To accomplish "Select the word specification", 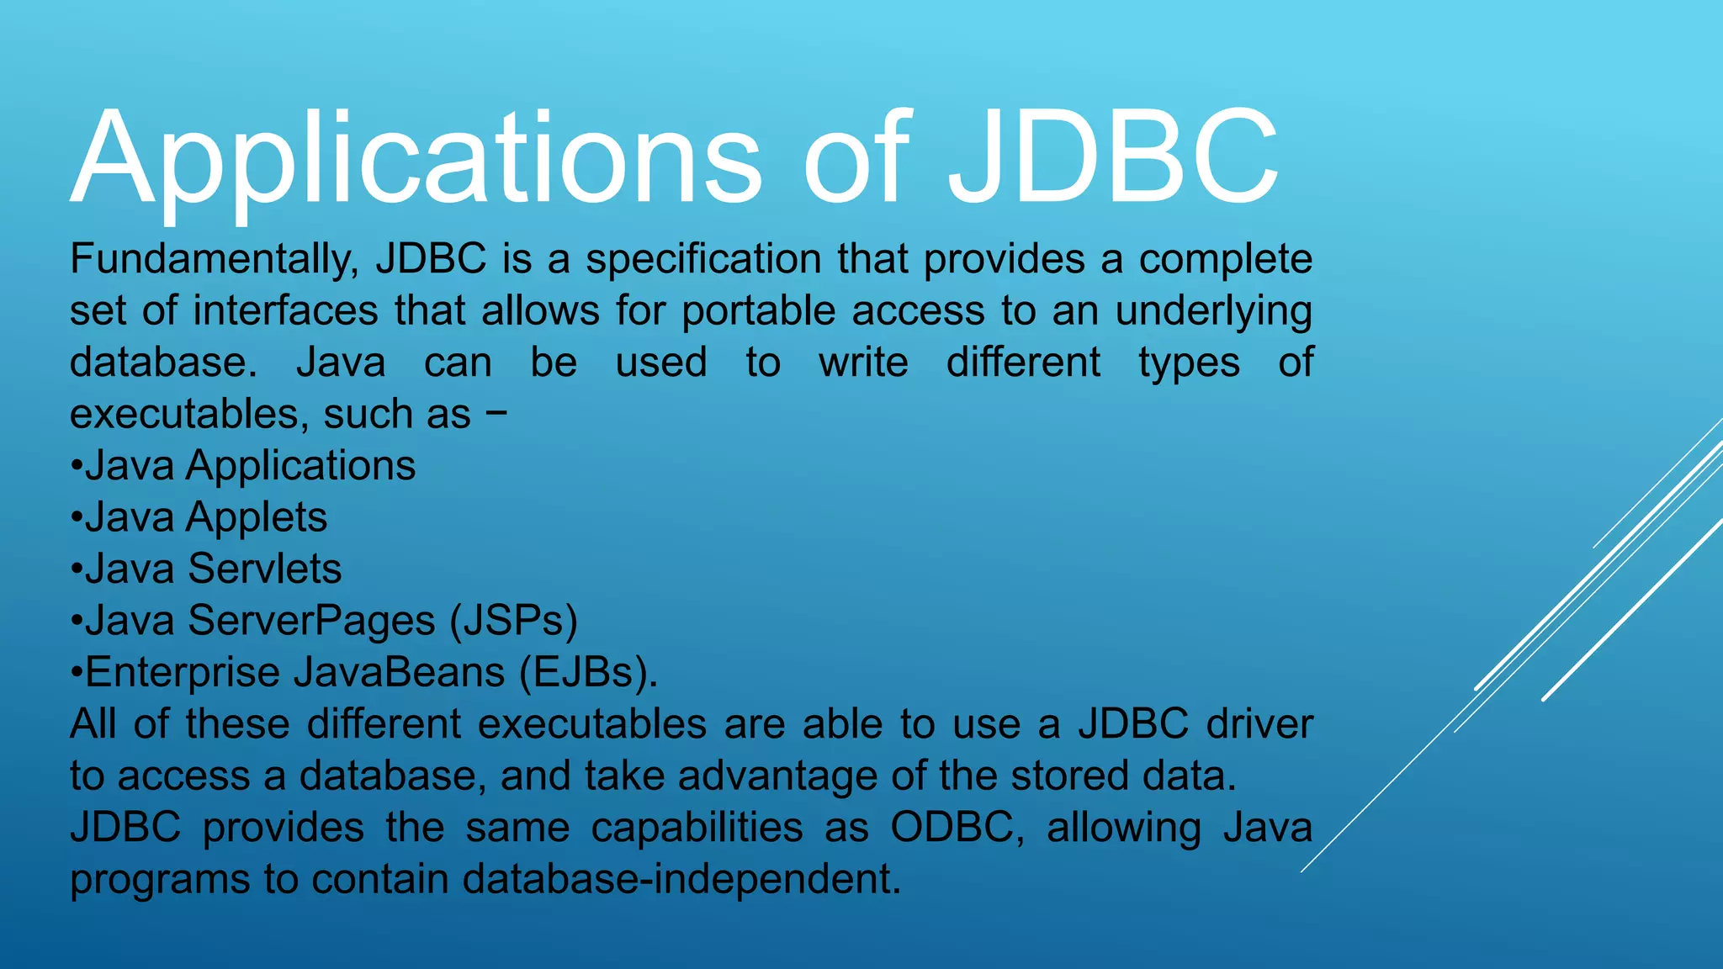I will [703, 259].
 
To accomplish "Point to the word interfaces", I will [285, 310].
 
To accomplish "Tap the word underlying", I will [1213, 312].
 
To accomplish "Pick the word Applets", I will [257, 518].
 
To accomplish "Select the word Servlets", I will [265, 569].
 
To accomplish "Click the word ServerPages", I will [311, 621].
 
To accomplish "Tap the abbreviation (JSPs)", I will [513, 621].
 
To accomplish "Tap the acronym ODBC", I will [957, 828].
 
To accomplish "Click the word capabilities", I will [697, 829].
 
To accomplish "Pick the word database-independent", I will [681, 879].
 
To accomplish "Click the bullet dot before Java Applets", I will [77, 516].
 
